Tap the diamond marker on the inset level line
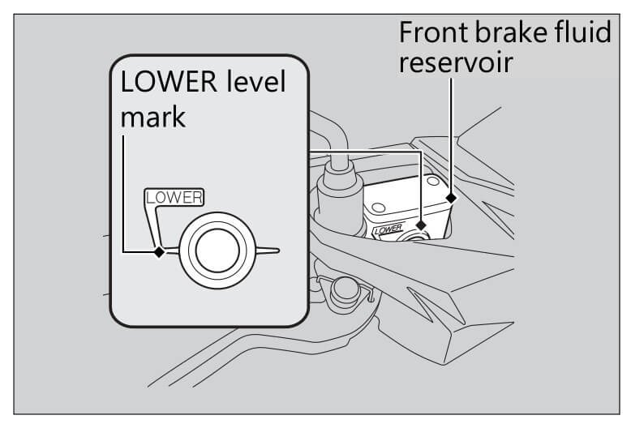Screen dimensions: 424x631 coord(160,251)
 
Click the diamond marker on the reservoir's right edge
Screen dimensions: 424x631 coord(451,197)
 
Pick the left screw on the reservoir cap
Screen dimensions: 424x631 coord(378,208)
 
